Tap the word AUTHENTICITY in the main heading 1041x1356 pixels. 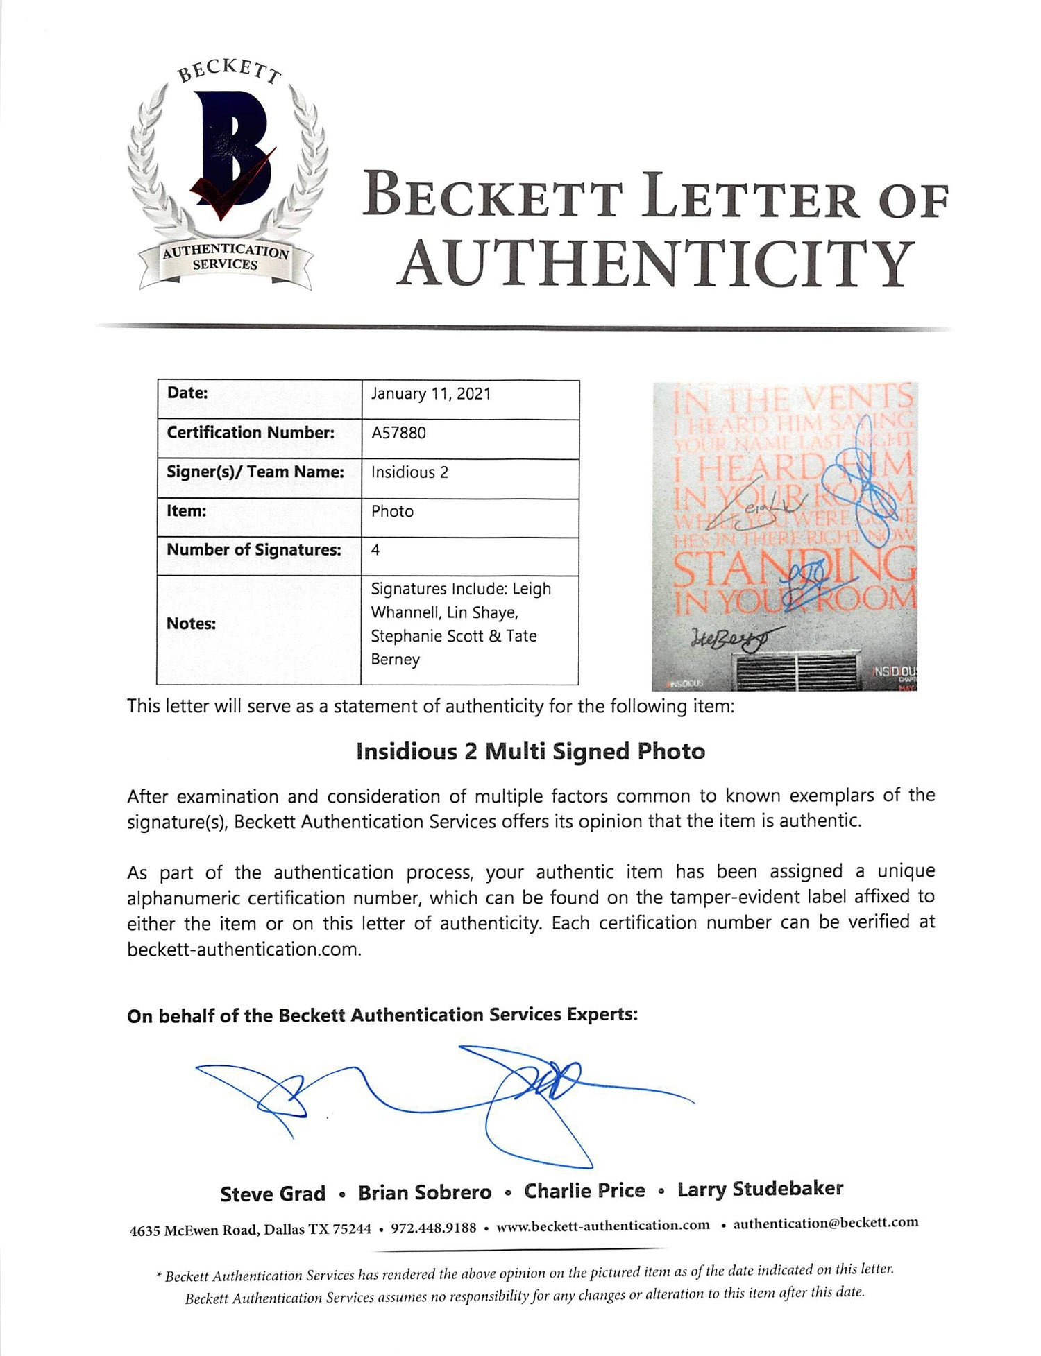click(x=655, y=264)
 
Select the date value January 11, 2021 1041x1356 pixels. click(x=431, y=394)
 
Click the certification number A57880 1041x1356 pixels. click(x=398, y=433)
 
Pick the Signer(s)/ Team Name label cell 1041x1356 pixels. click(x=255, y=472)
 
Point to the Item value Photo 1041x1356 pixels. click(x=392, y=511)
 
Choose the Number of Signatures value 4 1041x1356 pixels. click(x=375, y=550)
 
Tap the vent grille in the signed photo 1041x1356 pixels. click(x=798, y=670)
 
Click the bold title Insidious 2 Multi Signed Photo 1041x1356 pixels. click(x=530, y=752)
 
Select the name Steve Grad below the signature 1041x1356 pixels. click(x=273, y=1194)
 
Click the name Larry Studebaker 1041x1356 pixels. click(x=760, y=1189)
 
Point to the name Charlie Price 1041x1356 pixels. click(x=584, y=1191)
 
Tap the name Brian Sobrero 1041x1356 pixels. click(x=425, y=1192)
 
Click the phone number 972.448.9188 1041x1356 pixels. click(x=434, y=1228)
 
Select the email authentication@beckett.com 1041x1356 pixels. click(x=826, y=1223)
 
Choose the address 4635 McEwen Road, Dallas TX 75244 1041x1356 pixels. click(x=251, y=1230)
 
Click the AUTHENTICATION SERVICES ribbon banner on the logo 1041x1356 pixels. click(x=226, y=258)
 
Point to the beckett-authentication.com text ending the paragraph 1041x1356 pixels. click(x=244, y=950)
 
